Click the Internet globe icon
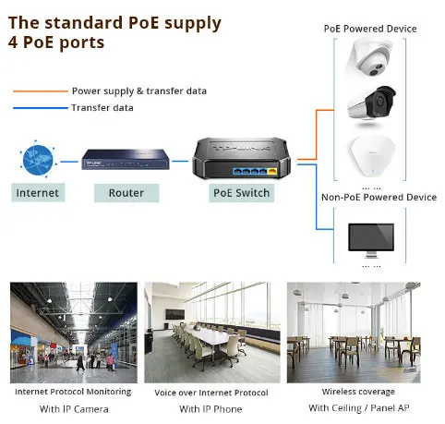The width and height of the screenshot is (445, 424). point(38,160)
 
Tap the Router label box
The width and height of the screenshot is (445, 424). point(126,193)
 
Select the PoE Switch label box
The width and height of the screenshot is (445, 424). point(242,193)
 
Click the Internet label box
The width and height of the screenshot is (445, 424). point(38,193)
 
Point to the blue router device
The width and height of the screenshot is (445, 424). point(126,159)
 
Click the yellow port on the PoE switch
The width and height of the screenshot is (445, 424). point(272,171)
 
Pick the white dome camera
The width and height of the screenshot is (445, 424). point(370,58)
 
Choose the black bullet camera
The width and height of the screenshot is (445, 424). point(372,103)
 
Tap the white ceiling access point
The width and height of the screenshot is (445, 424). point(371,157)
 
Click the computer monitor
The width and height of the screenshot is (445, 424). point(371,240)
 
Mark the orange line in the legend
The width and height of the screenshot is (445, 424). point(41,91)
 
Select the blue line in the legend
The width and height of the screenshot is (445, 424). point(41,108)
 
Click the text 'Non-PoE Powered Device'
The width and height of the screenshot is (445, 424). point(379,197)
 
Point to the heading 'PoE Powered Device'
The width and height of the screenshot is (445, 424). point(370,29)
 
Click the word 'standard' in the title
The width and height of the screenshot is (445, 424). point(84,23)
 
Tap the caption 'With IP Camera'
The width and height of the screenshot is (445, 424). point(74,409)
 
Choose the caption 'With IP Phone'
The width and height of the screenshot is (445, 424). point(210,409)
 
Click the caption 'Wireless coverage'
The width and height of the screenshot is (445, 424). point(358,392)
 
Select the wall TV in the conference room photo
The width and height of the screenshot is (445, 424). point(175,314)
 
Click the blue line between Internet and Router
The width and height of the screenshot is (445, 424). point(69,162)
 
